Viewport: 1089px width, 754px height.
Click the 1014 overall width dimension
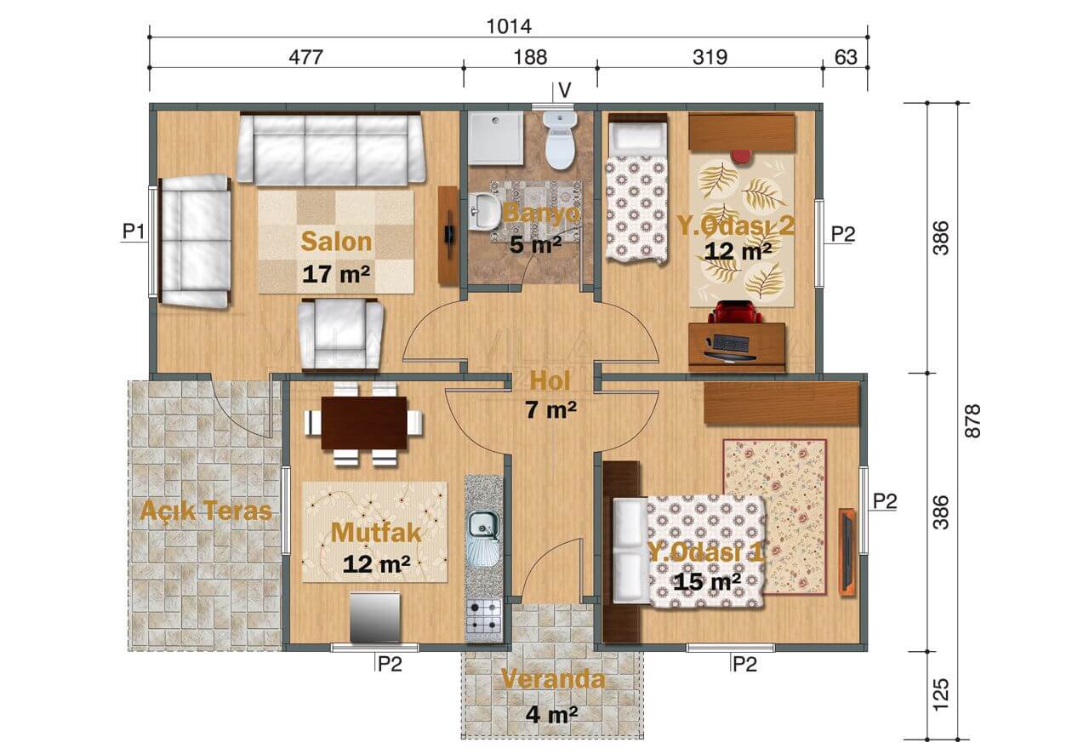point(509,26)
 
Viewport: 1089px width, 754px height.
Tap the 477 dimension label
point(305,57)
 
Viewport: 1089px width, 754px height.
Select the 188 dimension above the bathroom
point(530,57)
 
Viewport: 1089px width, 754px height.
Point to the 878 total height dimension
point(972,420)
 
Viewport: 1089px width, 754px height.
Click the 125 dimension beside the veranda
point(941,694)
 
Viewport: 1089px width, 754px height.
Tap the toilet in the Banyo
point(560,140)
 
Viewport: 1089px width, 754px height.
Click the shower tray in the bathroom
point(496,138)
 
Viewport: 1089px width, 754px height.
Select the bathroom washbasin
point(484,211)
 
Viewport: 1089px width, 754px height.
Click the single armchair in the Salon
point(340,334)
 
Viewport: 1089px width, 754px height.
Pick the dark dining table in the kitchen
point(364,423)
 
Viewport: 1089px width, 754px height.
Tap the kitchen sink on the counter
point(484,539)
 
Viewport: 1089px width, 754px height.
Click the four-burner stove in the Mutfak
point(484,620)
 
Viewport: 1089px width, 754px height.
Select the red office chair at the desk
point(734,313)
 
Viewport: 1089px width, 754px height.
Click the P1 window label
point(134,231)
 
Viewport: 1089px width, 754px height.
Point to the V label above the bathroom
point(564,90)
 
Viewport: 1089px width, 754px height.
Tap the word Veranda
point(553,679)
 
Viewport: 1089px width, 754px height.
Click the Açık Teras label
point(206,511)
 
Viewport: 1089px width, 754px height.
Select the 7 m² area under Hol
point(550,409)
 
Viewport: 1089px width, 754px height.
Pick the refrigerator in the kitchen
point(375,617)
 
